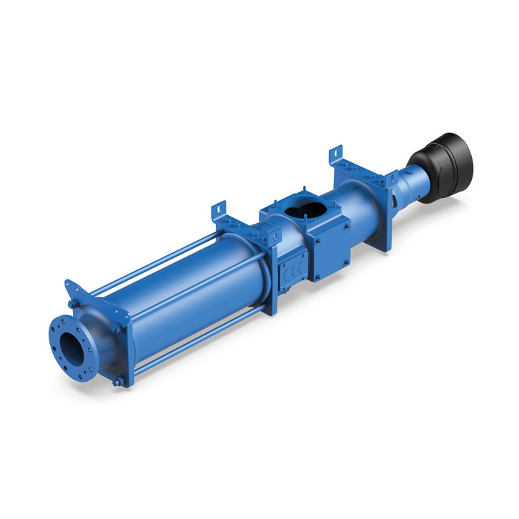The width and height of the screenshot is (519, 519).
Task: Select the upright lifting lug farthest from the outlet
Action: click(x=336, y=157)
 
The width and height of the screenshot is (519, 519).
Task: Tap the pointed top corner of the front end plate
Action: click(x=69, y=284)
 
